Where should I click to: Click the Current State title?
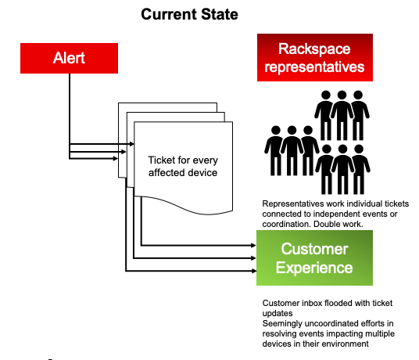tap(189, 14)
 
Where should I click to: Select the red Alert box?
tap(70, 59)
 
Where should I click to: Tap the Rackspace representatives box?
tap(315, 57)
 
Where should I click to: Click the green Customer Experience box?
tap(314, 257)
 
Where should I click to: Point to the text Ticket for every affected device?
tap(183, 167)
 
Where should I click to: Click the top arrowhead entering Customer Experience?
tap(253, 245)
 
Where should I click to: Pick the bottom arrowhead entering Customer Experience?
tap(254, 271)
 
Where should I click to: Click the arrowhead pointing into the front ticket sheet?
tap(132, 144)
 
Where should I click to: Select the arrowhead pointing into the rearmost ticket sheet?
tap(116, 159)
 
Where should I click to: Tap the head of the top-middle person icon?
tap(342, 95)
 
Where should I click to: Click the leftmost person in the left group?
tap(275, 150)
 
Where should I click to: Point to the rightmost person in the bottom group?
tap(360, 169)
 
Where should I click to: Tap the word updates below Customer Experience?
tap(278, 314)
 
